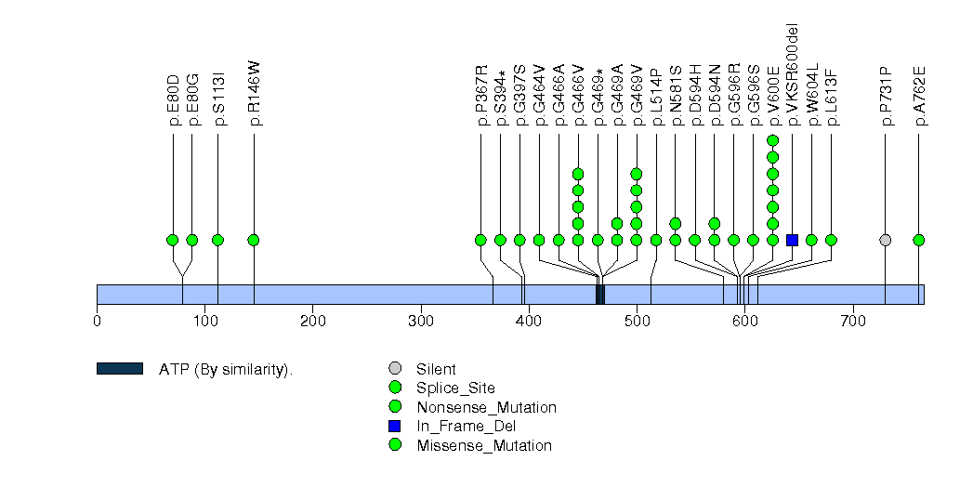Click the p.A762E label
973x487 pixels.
coord(919,97)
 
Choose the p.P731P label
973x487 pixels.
coord(886,97)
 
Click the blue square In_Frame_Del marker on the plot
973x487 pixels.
coord(793,240)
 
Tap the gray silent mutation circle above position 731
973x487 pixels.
coord(886,240)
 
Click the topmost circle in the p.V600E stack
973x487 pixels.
coord(772,141)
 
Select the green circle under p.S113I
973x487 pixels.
coord(217,240)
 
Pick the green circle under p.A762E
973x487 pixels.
coord(919,240)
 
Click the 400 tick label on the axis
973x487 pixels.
coord(529,322)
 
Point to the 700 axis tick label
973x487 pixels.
coord(853,322)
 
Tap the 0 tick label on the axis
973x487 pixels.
coord(97,322)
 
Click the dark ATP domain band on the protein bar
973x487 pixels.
coord(600,295)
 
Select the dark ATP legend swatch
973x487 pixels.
coord(119,369)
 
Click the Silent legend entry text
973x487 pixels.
coord(436,370)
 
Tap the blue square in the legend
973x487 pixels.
coord(395,427)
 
